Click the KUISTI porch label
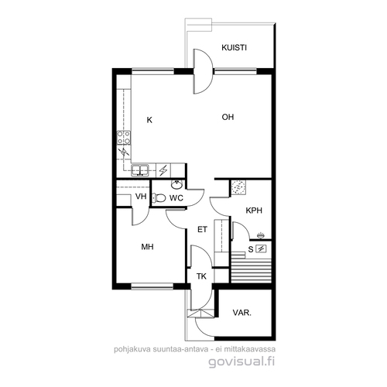tap(234, 48)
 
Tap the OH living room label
tap(228, 117)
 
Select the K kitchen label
tap(149, 120)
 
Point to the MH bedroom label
tap(147, 247)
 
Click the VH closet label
tap(141, 197)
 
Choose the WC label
tap(176, 198)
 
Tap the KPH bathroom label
tap(254, 211)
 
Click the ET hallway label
tap(202, 229)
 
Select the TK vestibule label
tap(201, 276)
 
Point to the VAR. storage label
tap(242, 313)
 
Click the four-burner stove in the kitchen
tap(124, 138)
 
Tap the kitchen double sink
tap(139, 170)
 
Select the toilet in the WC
tap(159, 198)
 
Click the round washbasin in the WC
tap(177, 184)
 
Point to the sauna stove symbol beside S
tap(261, 249)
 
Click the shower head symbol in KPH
tap(261, 235)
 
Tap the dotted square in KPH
tap(238, 187)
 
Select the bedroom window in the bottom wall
tap(152, 286)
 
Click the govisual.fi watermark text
tap(241, 361)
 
